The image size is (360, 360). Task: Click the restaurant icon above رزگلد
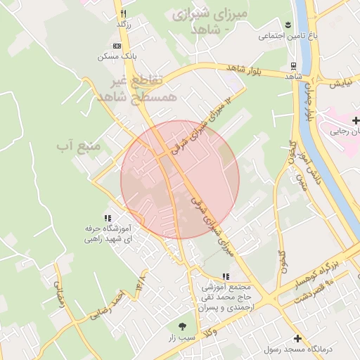[x=124, y=13]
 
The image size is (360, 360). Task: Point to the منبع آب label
[x=79, y=146]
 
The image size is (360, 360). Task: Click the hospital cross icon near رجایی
[x=356, y=121]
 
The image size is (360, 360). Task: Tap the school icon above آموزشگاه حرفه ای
[x=108, y=219]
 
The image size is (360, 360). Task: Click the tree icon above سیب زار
[x=182, y=326]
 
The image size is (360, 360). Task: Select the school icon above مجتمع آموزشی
[x=225, y=277]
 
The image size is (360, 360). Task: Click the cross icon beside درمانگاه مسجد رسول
[x=297, y=338]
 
